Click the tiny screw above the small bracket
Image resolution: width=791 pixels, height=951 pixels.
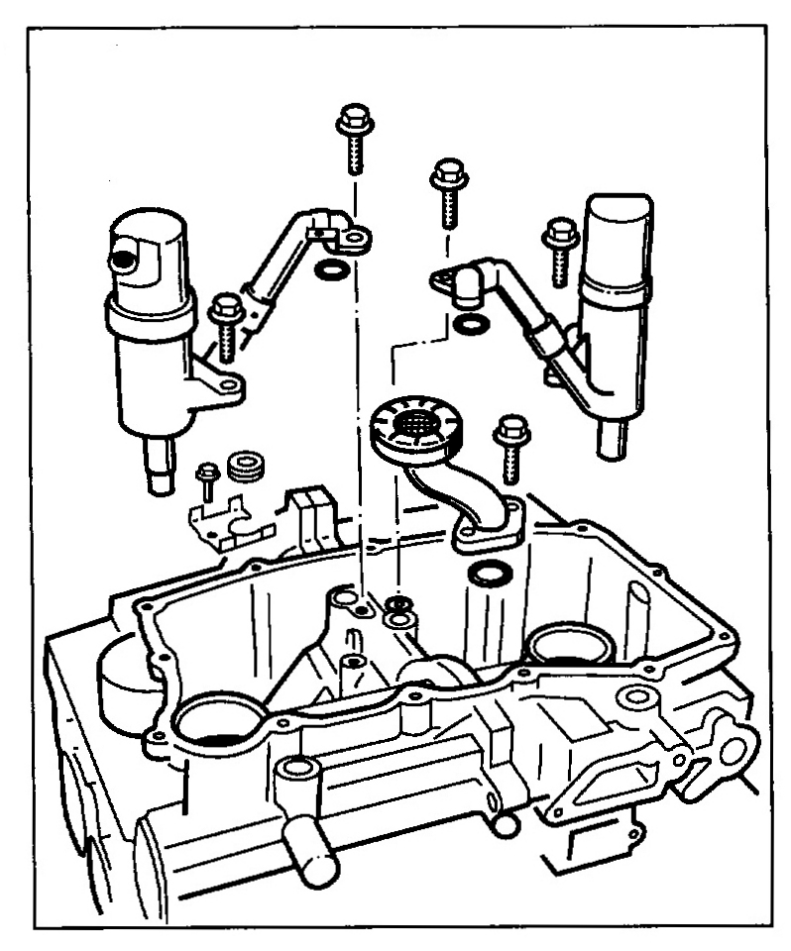pyautogui.click(x=207, y=480)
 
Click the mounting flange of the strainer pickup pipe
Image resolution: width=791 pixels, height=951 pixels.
pyautogui.click(x=485, y=524)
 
